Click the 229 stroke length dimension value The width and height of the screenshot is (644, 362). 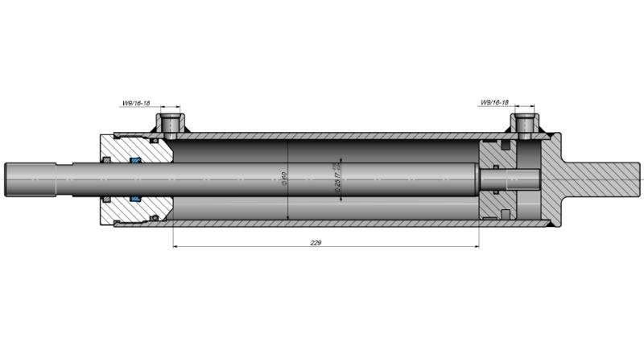click(316, 241)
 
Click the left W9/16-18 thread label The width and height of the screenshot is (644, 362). click(136, 103)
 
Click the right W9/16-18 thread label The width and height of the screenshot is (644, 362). click(494, 103)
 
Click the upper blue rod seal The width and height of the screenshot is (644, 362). click(135, 162)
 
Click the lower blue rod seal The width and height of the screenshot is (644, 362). click(135, 197)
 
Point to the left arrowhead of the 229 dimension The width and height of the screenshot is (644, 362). click(176, 246)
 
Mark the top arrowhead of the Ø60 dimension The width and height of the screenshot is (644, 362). click(288, 143)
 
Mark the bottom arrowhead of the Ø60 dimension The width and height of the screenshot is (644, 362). click(288, 216)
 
